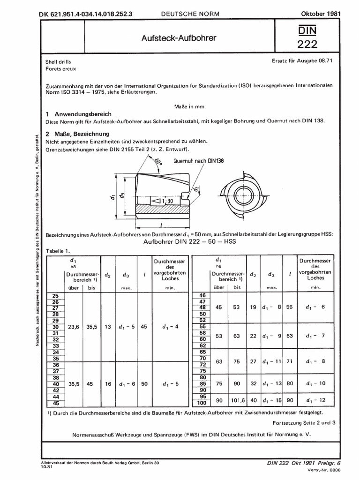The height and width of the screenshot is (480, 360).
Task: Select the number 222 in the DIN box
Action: pyautogui.click(x=307, y=45)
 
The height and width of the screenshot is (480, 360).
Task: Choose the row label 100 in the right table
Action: pyautogui.click(x=201, y=403)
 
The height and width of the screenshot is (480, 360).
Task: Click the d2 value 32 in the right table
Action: pyautogui.click(x=253, y=383)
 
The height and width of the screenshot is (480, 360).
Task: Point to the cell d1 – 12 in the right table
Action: pyautogui.click(x=315, y=400)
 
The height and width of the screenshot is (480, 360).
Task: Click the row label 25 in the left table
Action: pyautogui.click(x=56, y=296)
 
